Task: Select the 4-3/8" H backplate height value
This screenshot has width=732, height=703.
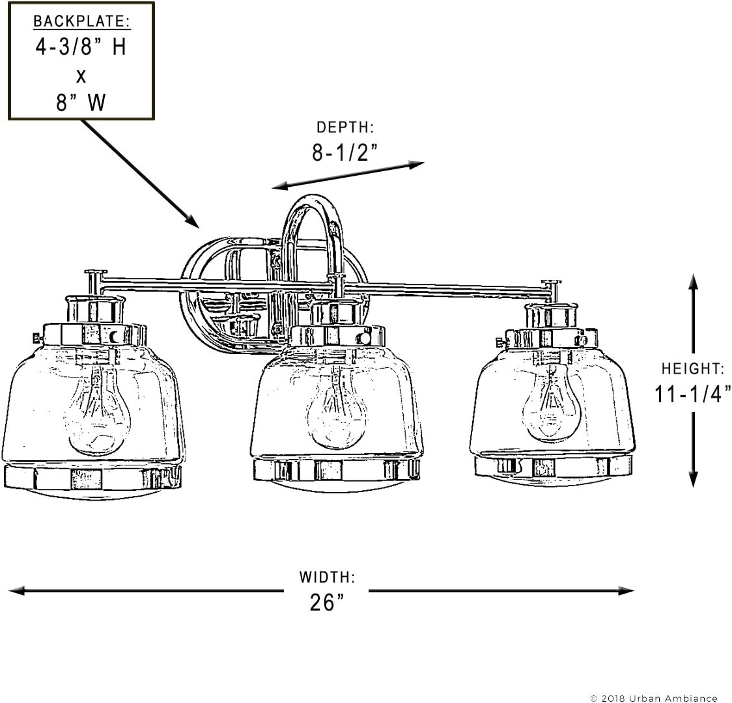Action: click(81, 47)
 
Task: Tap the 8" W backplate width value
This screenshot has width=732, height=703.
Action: click(81, 102)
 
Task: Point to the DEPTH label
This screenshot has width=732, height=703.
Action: click(345, 127)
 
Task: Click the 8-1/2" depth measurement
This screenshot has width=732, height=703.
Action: click(345, 152)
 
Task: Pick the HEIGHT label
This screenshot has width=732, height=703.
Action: click(693, 368)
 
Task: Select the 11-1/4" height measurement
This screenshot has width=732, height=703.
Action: click(693, 394)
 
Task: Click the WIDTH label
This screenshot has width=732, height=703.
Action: click(327, 577)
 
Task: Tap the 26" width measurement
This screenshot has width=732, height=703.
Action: click(327, 602)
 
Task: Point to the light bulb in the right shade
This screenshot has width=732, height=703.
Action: click(552, 401)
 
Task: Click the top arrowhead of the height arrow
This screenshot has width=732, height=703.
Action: click(694, 283)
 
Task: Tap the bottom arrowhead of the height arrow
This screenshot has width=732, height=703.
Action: click(694, 479)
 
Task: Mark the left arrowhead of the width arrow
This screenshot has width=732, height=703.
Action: click(17, 590)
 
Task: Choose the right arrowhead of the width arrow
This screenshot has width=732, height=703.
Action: click(626, 590)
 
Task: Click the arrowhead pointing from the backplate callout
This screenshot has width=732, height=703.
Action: click(192, 221)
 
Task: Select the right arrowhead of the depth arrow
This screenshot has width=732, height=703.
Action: click(415, 164)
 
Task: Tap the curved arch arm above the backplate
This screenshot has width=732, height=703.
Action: click(312, 200)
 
